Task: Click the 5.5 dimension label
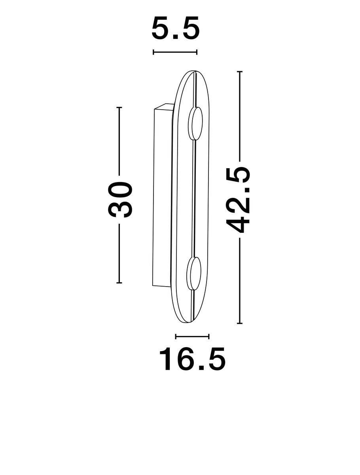click(x=175, y=28)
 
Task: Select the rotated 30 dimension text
click(x=120, y=199)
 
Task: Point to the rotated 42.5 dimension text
click(x=238, y=200)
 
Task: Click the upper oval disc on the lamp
click(x=195, y=124)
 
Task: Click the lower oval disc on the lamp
click(x=194, y=273)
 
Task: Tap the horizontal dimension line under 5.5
click(x=175, y=52)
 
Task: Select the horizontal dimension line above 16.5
click(x=192, y=336)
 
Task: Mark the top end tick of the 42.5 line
click(x=240, y=71)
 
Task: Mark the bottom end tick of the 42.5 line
click(x=240, y=329)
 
